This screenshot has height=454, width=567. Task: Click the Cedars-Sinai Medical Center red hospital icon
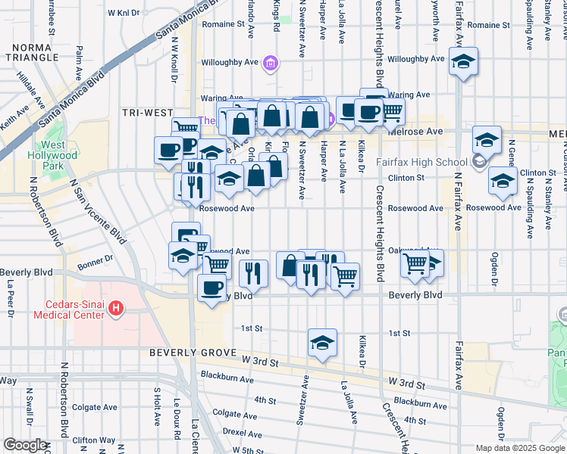tap(115, 308)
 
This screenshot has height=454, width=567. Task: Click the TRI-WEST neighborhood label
tap(147, 113)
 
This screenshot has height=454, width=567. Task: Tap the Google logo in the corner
tap(25, 445)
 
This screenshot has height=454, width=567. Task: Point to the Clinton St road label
tap(406, 178)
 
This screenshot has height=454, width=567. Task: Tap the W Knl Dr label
tap(124, 13)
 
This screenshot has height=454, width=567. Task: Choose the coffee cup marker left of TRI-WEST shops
tap(168, 148)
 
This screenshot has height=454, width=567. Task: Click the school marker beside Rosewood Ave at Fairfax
tap(502, 181)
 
